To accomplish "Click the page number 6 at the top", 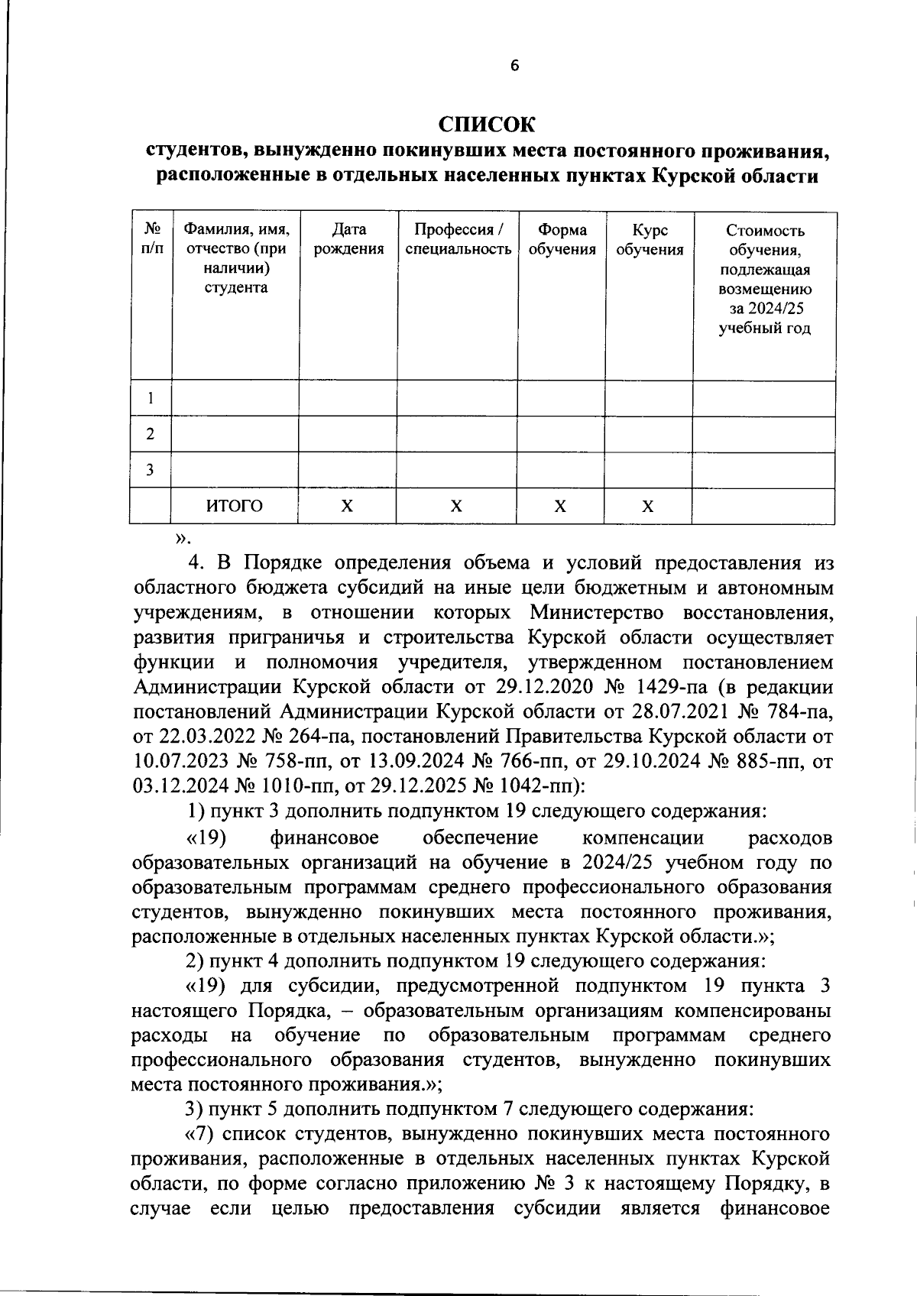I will (514, 66).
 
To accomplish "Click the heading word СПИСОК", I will (487, 124).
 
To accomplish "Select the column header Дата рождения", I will (348, 239).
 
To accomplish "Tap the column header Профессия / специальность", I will (458, 239).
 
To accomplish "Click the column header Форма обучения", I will (562, 239).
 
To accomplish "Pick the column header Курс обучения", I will (649, 239).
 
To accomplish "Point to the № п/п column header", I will (151, 239).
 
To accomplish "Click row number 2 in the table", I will (151, 434).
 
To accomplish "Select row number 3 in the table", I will (151, 470).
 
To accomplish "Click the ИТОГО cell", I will (235, 506).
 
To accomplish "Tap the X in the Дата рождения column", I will (348, 506).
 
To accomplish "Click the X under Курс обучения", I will (648, 506).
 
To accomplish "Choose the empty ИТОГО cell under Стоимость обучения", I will (763, 506).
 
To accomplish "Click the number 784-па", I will (794, 711).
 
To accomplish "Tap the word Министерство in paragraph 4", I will (598, 613).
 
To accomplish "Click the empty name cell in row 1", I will (235, 398).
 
